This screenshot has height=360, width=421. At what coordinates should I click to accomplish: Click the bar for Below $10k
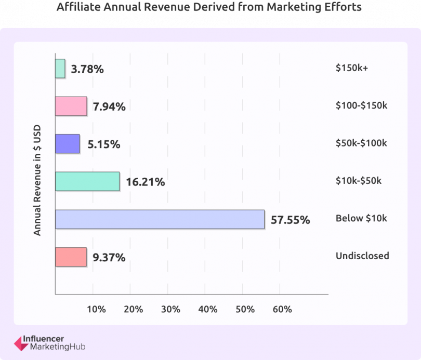pos(160,219)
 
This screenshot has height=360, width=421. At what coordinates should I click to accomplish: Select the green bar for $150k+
pos(60,69)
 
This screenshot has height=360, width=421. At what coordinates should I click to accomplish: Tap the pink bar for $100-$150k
pos(71,106)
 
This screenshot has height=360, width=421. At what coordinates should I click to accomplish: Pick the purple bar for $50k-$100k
pos(68,144)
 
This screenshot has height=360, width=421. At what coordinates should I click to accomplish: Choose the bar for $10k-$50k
pos(87,181)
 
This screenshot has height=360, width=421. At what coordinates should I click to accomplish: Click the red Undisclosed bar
pos(71,257)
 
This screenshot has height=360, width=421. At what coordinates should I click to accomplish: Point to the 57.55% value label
pos(290,220)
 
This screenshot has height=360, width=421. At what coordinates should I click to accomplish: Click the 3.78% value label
pos(88,69)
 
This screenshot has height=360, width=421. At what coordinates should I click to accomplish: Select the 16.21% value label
pos(146,182)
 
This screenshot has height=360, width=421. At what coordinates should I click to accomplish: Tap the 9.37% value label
pos(109,257)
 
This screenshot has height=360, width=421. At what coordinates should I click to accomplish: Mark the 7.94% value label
pos(109,106)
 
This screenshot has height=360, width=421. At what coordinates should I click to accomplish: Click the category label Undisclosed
pos(362,256)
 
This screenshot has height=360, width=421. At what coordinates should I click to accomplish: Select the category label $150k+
pos(352,68)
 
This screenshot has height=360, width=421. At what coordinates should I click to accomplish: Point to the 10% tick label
pos(96,309)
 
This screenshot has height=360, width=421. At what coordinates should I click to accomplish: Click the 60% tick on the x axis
pos(282,309)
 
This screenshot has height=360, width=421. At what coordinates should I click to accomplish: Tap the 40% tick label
pos(207,309)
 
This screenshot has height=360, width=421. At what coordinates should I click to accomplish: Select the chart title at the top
pos(210,7)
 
